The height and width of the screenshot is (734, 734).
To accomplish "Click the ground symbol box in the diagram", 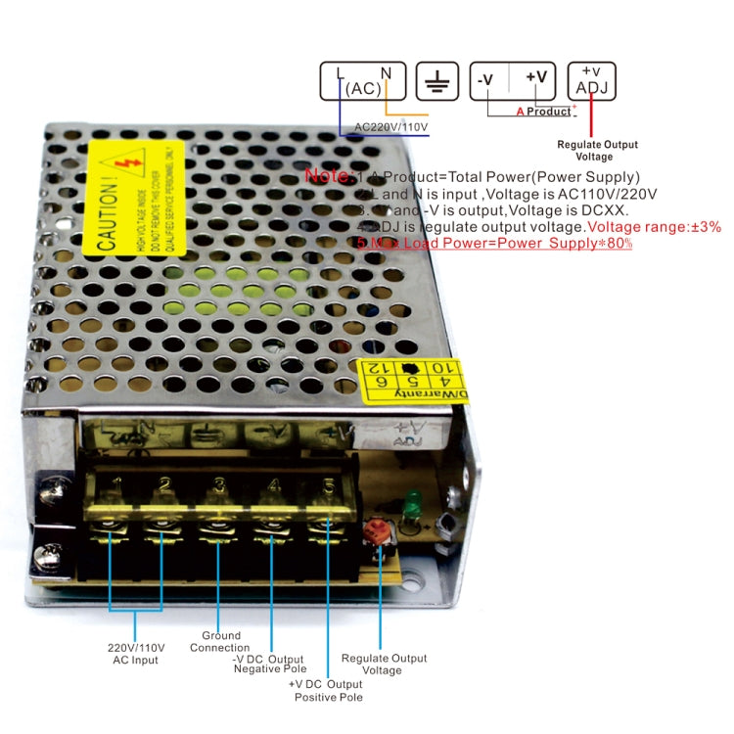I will pos(437,81).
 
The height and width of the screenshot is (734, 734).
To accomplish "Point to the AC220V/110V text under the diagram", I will pos(390,127).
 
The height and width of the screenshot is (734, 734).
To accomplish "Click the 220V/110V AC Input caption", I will pos(136,654).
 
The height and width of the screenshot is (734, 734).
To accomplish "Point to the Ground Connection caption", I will pos(220,642).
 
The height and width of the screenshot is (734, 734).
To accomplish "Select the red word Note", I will pos(329,176).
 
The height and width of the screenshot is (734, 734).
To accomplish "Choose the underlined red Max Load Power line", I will pos(494,242).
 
